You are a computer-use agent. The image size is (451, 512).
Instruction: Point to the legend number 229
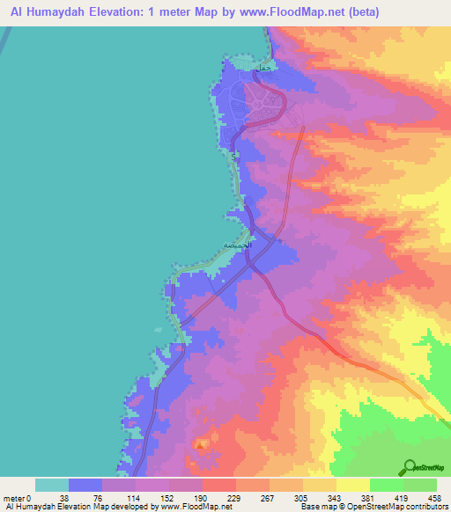click(203, 496)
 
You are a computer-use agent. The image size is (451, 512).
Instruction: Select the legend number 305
click(270, 496)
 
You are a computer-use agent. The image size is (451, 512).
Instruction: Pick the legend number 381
click(336, 496)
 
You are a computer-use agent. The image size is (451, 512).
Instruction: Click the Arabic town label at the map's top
click(262, 68)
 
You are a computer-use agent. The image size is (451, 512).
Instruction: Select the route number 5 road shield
click(233, 155)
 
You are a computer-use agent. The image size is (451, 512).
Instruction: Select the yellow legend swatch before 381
click(319, 485)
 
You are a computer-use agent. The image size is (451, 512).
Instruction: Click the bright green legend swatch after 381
click(386, 485)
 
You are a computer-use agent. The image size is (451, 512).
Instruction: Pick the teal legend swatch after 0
click(52, 485)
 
